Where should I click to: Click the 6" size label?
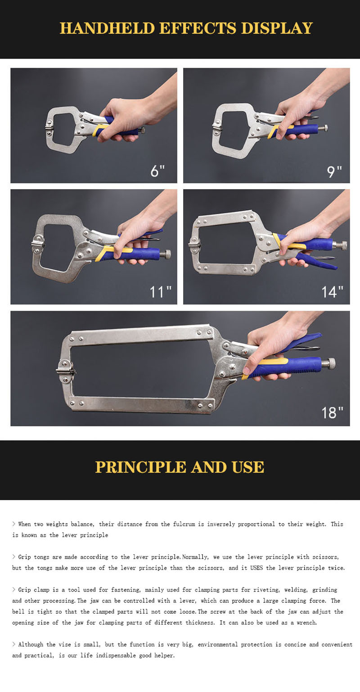point(157,171)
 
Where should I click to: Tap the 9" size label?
point(333,171)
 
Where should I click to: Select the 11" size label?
point(161,292)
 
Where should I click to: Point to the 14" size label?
point(333,292)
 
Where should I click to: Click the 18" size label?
point(332,412)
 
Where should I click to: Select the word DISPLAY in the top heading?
point(277,28)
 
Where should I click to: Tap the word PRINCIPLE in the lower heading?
point(141,467)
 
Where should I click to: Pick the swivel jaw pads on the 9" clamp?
point(216,128)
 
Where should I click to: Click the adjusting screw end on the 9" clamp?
point(323,128)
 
